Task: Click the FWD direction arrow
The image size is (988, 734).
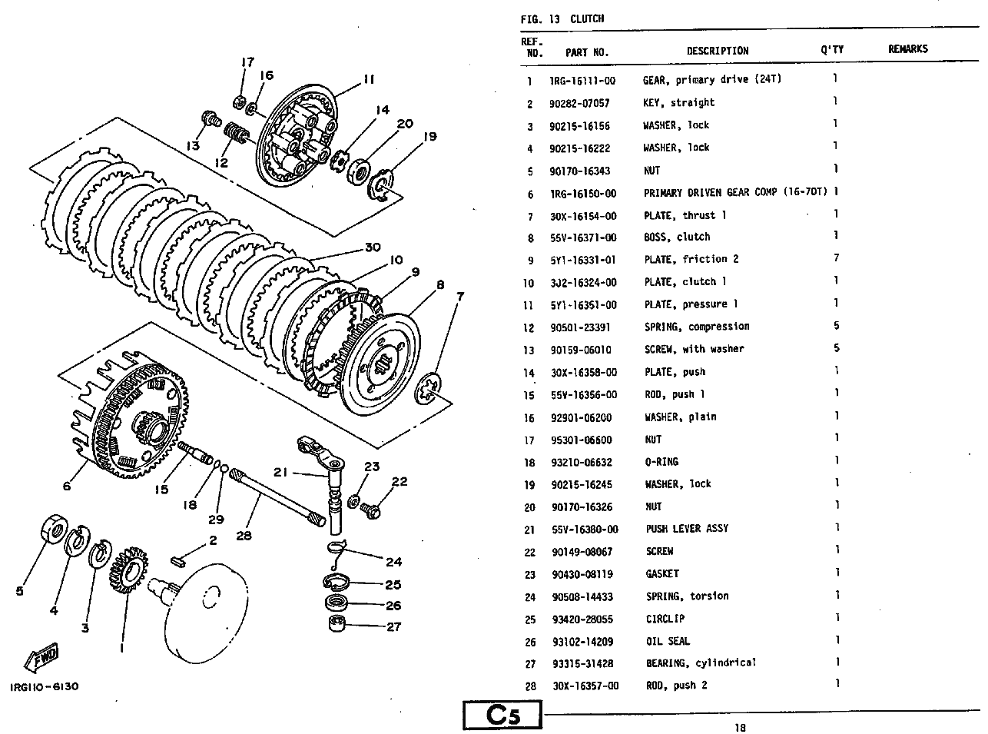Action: pyautogui.click(x=41, y=657)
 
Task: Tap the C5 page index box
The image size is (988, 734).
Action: pyautogui.click(x=502, y=716)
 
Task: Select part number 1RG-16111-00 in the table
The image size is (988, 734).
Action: pyautogui.click(x=582, y=81)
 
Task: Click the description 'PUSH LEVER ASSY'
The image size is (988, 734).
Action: pyautogui.click(x=687, y=529)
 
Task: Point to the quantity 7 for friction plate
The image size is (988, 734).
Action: pyautogui.click(x=836, y=258)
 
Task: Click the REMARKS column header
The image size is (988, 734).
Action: pyautogui.click(x=907, y=49)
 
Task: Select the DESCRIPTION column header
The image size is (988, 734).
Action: pyautogui.click(x=717, y=51)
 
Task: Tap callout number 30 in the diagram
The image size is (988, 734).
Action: pyautogui.click(x=373, y=247)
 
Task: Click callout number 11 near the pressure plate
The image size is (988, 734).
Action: pyautogui.click(x=370, y=79)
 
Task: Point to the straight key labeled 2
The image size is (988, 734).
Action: pyautogui.click(x=177, y=562)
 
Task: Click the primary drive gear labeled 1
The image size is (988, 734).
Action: pyautogui.click(x=129, y=570)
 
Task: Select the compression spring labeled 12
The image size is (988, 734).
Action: pyautogui.click(x=236, y=132)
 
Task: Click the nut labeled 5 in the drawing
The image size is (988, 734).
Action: pyautogui.click(x=54, y=529)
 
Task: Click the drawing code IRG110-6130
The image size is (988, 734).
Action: pyautogui.click(x=44, y=686)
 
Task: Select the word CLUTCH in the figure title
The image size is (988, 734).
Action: pyautogui.click(x=587, y=18)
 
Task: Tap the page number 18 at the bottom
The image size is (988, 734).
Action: pyautogui.click(x=740, y=728)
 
